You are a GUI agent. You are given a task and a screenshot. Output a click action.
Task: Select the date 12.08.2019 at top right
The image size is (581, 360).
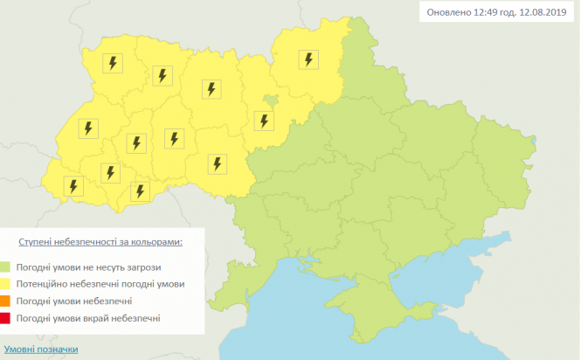coord(543,13)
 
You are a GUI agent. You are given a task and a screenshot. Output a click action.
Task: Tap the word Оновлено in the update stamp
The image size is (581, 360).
coord(445,13)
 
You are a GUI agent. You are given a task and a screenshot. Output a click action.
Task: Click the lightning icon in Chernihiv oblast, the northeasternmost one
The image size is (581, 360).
coord(308,59)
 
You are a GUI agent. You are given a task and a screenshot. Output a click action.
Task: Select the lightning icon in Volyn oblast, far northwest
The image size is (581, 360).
coord(112,63)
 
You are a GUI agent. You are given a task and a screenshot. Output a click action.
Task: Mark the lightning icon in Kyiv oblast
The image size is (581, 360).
coord(261,120)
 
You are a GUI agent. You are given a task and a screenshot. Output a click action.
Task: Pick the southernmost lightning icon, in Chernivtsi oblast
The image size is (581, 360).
coord(137,190)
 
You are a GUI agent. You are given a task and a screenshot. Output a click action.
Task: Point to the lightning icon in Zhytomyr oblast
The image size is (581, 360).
coord(211,88)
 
